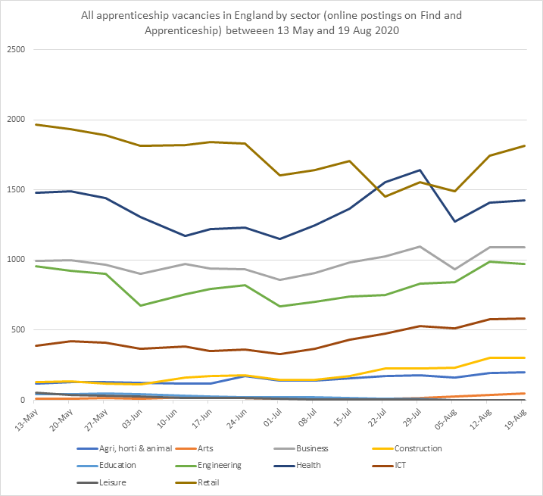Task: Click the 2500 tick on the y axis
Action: pos(17,50)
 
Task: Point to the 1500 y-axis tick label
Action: pos(17,190)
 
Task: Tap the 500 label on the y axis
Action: pos(19,330)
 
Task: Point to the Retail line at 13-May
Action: pos(36,124)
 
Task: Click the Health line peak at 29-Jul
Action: pos(420,170)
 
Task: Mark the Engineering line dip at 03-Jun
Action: pos(141,305)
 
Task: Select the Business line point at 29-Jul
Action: pos(420,246)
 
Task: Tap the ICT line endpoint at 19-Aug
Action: pos(524,319)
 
